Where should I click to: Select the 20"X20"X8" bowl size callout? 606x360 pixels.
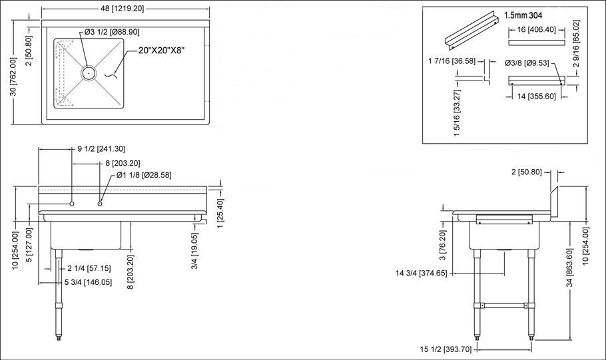[164, 50]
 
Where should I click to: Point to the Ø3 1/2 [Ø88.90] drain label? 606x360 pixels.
[111, 32]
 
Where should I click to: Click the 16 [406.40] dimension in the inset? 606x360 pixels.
[536, 29]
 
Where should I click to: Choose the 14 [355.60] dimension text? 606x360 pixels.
[536, 96]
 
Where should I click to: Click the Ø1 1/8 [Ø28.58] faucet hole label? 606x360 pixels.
[144, 175]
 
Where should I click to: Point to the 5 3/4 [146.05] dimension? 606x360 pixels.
[87, 282]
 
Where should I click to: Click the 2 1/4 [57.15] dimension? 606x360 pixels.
[89, 268]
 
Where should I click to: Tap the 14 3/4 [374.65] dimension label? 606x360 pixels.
[421, 273]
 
